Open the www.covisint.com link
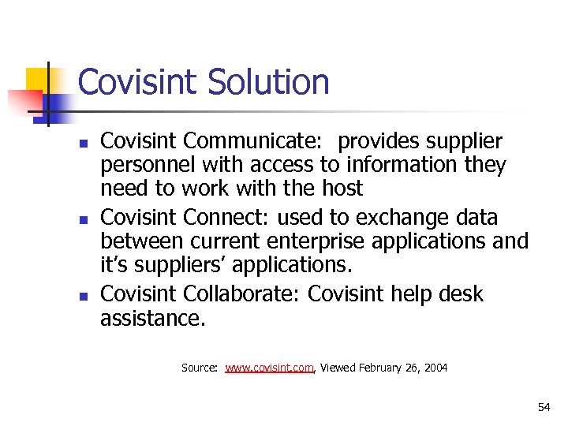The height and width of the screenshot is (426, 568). click(270, 368)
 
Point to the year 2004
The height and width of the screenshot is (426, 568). click(435, 368)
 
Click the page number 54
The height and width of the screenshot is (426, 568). click(544, 407)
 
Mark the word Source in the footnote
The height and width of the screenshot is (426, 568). click(199, 368)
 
